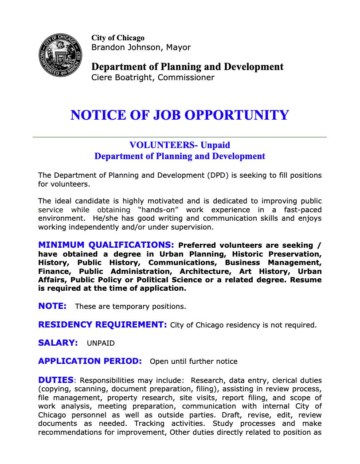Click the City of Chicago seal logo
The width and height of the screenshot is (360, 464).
click(x=60, y=55)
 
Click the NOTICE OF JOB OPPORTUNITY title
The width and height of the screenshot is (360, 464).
click(x=180, y=115)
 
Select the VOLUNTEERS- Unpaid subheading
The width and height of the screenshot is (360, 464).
click(x=180, y=145)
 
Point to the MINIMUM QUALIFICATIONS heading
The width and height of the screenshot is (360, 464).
click(x=106, y=245)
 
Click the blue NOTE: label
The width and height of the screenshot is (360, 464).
click(x=52, y=306)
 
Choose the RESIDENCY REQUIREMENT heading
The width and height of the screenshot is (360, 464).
click(x=102, y=325)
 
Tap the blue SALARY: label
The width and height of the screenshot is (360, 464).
click(x=58, y=343)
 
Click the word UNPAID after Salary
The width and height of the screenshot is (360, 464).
click(x=101, y=343)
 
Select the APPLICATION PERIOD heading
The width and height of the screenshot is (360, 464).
click(x=90, y=361)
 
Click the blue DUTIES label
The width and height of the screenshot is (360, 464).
click(x=56, y=380)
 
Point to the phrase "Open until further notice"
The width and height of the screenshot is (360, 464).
click(x=194, y=362)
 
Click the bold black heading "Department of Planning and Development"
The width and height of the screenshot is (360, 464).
click(x=187, y=67)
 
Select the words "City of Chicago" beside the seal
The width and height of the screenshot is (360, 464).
click(x=118, y=38)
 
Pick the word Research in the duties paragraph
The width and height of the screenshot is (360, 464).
click(x=208, y=381)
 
